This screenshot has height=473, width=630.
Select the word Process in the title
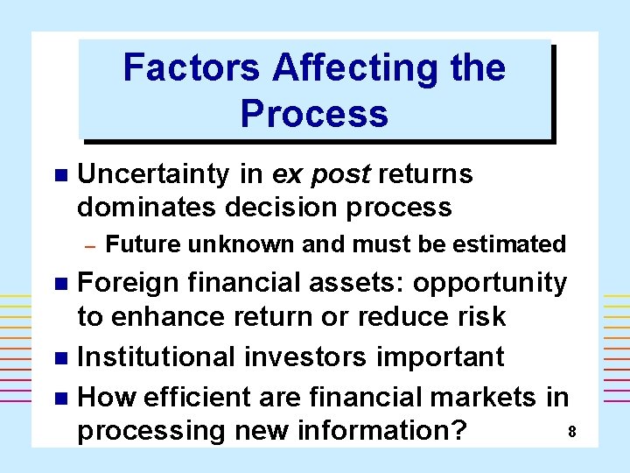tap(314, 114)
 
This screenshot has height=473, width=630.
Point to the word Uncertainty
tap(154, 174)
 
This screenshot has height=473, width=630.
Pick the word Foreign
tap(128, 282)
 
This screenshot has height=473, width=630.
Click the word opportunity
tap(490, 284)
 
